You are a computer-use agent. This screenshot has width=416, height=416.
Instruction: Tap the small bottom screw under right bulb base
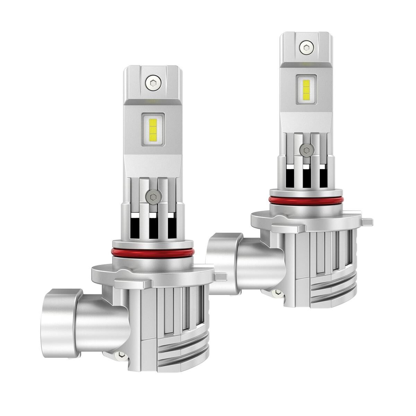coord(277,293)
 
